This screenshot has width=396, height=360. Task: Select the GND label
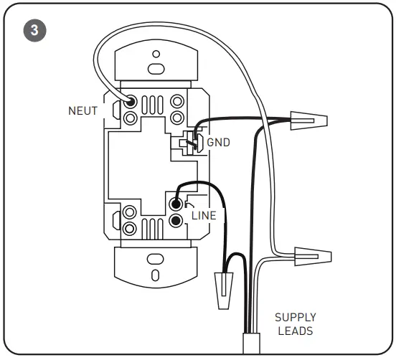click(x=218, y=142)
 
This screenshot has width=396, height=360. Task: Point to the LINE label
click(x=204, y=214)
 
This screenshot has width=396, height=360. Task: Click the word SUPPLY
click(x=296, y=317)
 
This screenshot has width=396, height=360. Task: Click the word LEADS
click(x=296, y=331)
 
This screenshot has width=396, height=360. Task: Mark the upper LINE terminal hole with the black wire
click(x=176, y=205)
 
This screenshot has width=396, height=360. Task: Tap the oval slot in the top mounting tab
click(x=154, y=70)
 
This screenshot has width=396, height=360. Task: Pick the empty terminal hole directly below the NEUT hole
click(x=131, y=116)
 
